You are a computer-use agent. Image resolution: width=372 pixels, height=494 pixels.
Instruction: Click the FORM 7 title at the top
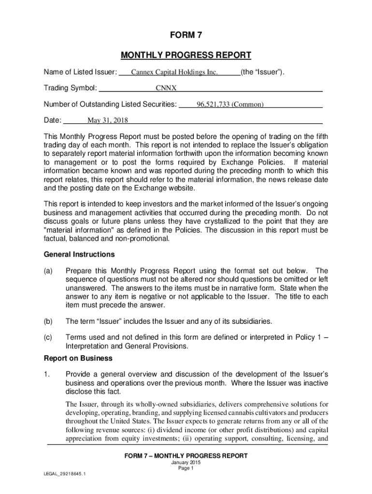coord(186,36)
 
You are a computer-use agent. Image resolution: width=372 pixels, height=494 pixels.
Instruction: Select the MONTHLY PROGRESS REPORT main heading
coord(186,55)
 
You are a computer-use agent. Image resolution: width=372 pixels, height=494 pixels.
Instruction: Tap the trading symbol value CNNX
coord(166,88)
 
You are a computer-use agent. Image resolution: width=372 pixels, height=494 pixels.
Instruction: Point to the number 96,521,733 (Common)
coord(230,104)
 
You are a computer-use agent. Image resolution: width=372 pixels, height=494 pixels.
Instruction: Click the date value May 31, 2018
coord(104,121)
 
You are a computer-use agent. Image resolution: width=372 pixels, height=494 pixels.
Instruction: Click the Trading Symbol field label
coord(71,88)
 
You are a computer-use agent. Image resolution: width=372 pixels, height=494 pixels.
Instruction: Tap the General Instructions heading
coord(79,254)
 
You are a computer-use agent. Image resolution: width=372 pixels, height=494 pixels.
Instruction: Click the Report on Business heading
coord(78,358)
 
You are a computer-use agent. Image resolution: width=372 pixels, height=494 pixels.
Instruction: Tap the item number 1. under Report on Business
coord(47,374)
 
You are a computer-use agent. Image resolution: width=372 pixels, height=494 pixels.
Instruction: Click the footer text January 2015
coord(186,462)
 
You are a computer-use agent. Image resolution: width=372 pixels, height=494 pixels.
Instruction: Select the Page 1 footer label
coord(186,468)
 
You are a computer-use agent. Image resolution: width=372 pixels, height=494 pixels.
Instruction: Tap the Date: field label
coord(53,120)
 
